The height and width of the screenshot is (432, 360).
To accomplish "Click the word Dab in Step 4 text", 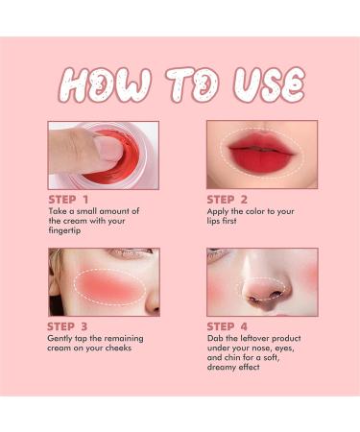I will coord(214,339).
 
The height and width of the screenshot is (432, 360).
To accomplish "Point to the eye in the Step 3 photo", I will coord(135,254).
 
